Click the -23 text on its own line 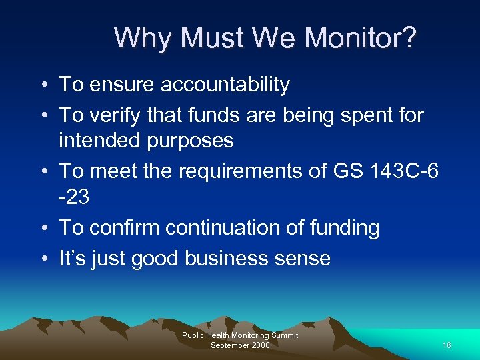pos(74,197)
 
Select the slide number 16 pos(446,345)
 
